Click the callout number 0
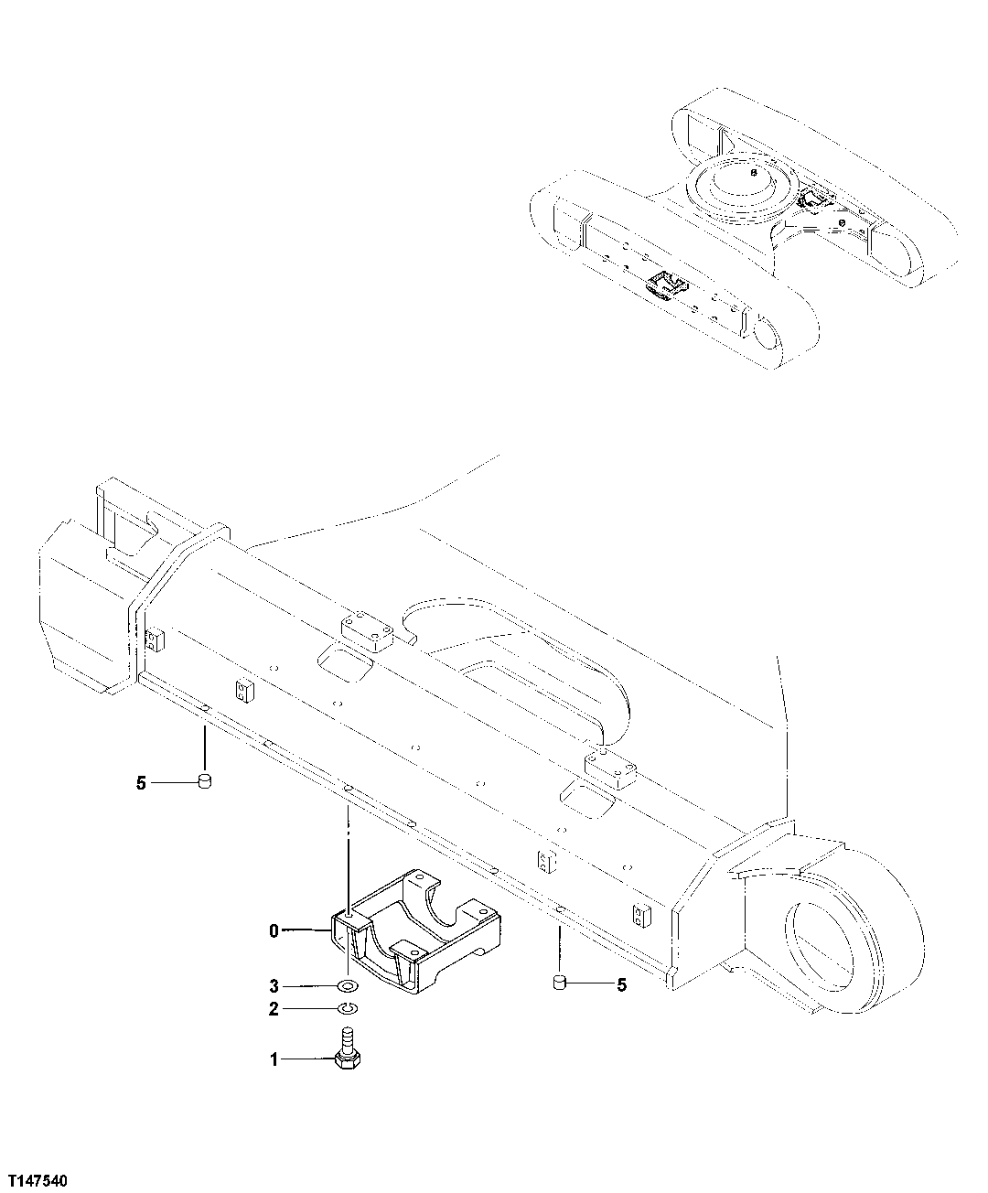click(273, 930)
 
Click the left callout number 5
click(141, 783)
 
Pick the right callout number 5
click(622, 984)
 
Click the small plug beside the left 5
click(205, 781)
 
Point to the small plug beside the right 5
click(559, 983)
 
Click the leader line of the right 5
click(590, 984)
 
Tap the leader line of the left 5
click(174, 783)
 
